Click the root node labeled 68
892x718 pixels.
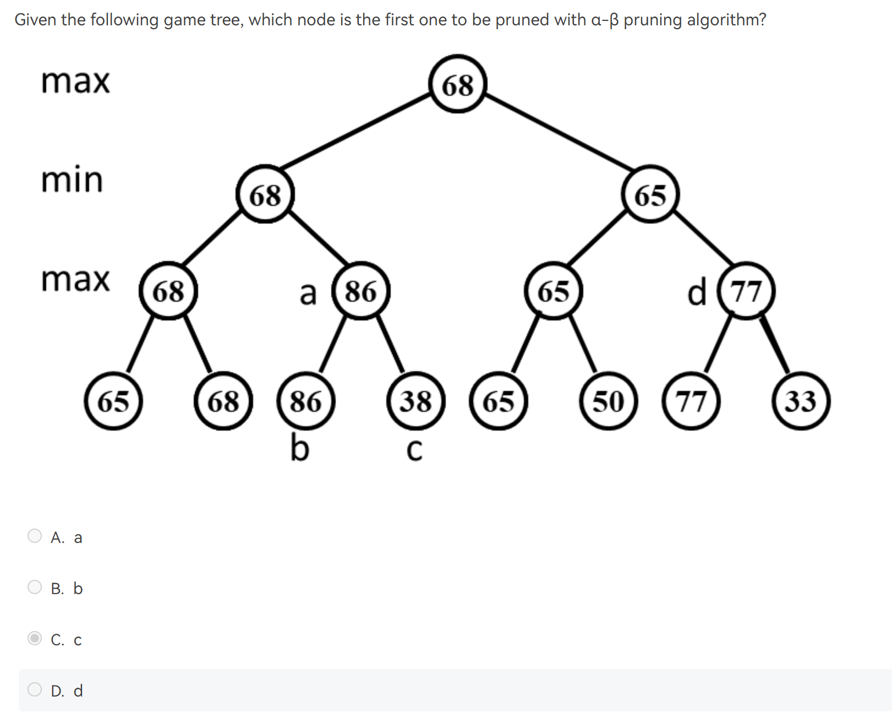click(x=457, y=84)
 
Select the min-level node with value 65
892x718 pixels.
click(x=650, y=194)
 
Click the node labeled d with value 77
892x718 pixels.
click(x=746, y=291)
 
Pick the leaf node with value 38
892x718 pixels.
click(x=415, y=400)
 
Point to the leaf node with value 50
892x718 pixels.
click(x=608, y=400)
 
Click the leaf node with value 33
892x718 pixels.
click(x=801, y=400)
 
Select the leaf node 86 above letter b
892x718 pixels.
click(x=306, y=400)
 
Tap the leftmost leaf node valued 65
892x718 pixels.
click(x=113, y=400)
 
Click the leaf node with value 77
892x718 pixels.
click(x=691, y=400)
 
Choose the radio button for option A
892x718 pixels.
click(x=35, y=536)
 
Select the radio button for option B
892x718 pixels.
click(x=35, y=587)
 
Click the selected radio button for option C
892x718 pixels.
click(x=35, y=638)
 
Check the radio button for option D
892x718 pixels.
click(x=35, y=689)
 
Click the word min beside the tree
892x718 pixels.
click(x=72, y=179)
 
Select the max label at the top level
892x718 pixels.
click(x=76, y=81)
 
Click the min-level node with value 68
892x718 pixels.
click(x=265, y=194)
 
